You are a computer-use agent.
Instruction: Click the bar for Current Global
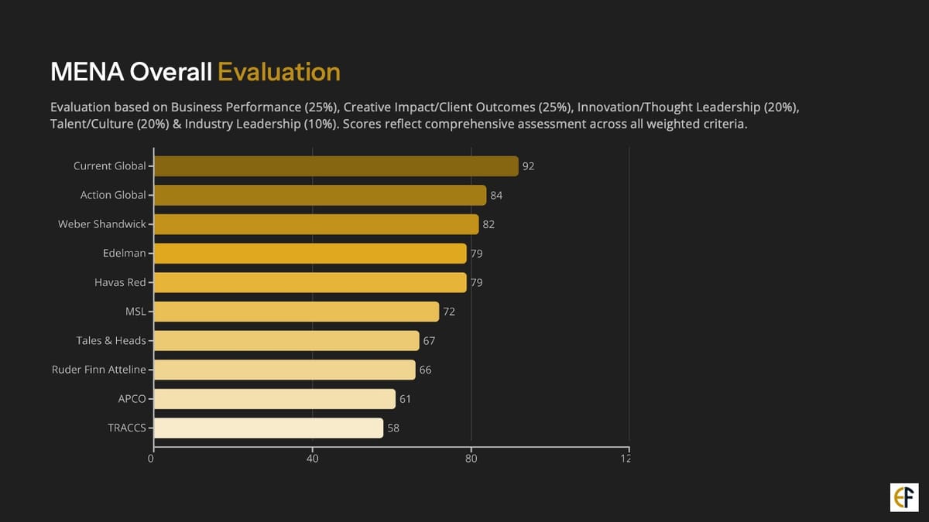336,166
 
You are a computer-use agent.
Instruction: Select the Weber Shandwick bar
316,224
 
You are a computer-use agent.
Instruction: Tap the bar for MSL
297,312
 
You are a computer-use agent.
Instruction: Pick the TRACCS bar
269,428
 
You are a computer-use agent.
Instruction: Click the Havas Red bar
310,282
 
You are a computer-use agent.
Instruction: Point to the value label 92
529,166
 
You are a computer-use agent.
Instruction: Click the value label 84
496,196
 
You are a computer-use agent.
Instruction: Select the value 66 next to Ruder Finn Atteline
425,370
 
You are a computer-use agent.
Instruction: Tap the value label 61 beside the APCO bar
405,399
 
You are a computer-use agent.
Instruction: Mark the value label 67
429,341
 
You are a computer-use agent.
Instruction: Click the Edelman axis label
124,254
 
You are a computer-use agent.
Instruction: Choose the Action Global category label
113,195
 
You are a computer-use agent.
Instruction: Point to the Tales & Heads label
111,340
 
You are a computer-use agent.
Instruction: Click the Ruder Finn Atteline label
98,370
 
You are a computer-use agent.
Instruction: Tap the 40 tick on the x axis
313,459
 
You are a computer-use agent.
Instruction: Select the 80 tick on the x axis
471,459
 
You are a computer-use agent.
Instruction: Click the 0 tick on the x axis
152,459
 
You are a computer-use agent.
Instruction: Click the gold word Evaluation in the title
279,72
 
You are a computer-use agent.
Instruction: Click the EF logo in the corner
904,497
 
